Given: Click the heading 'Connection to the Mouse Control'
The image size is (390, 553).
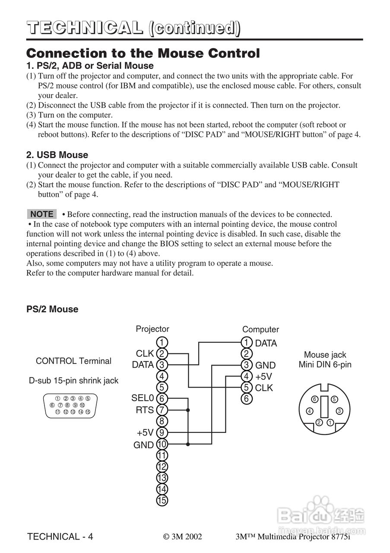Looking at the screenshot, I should point(143,54).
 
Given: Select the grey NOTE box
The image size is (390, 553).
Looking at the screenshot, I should point(42,214).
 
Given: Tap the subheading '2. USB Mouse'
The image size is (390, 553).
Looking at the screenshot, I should point(57,155).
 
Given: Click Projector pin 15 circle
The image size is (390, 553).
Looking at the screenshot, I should point(162,501).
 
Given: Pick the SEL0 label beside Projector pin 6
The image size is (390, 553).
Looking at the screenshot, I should point(143,398).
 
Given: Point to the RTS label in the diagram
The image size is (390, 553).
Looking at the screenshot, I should point(145,410).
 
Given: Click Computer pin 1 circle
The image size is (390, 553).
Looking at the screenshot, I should point(246,343).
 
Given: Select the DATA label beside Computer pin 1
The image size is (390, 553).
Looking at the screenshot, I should point(266,343).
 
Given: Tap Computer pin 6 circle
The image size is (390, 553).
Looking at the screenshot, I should point(246,399).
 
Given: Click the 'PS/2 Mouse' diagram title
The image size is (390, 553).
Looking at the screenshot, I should point(52,309).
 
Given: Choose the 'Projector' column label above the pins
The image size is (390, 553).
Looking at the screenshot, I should point(152,329).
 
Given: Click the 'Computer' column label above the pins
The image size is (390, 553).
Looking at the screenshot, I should point(260,330).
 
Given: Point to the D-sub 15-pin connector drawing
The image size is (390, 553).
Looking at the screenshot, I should point(70,405).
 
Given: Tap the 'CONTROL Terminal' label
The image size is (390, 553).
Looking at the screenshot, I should point(73,361).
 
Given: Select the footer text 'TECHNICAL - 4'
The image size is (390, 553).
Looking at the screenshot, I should point(60,537).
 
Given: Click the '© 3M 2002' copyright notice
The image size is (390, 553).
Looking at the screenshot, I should point(183,537).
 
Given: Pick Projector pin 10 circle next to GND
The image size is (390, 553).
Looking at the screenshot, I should point(162,444).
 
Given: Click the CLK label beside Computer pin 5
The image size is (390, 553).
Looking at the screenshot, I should point(264,388).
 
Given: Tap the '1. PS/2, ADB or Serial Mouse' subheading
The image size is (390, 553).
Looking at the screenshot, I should point(90,66).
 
